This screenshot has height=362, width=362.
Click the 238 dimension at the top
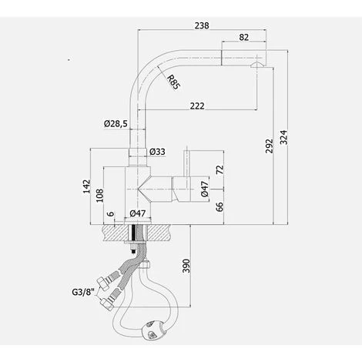[x=202, y=25]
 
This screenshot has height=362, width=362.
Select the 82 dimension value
[x=244, y=36]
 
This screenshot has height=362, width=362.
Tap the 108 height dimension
[x=98, y=196]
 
